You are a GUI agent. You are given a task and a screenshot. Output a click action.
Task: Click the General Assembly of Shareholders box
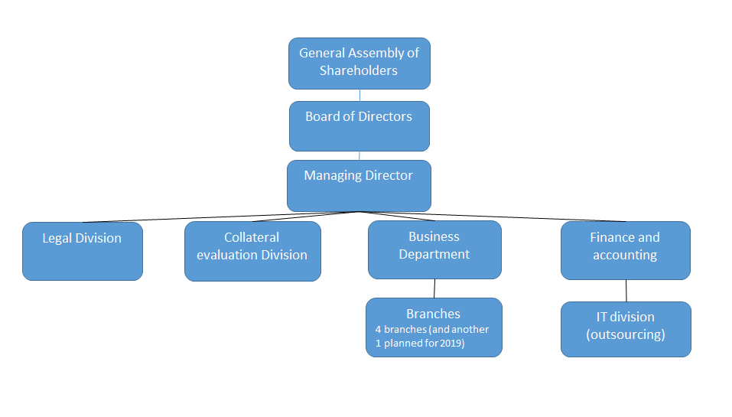(359, 64)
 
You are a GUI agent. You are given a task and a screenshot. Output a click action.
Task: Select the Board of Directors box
(359, 126)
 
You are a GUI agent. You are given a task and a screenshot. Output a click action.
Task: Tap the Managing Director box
(359, 186)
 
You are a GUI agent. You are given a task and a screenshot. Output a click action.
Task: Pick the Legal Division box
(82, 251)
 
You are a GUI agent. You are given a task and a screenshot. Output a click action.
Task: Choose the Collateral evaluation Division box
(252, 251)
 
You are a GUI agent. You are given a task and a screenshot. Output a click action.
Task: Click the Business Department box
(434, 249)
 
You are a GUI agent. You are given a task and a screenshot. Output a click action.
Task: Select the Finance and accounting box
(625, 250)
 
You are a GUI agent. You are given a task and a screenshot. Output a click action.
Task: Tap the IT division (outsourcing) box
(625, 329)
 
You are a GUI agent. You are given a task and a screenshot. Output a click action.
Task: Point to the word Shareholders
(359, 70)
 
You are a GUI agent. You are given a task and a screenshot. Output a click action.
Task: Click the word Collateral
(252, 237)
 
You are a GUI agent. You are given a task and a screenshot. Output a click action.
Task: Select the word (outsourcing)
(625, 334)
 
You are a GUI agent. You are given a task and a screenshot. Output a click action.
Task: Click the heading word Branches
(433, 314)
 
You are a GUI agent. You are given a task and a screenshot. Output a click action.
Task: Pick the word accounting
(625, 255)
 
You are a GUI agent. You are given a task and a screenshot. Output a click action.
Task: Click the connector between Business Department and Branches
(434, 288)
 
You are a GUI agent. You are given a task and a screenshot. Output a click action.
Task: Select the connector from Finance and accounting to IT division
(626, 291)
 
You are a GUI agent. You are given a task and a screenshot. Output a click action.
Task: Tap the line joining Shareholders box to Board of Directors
(359, 96)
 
